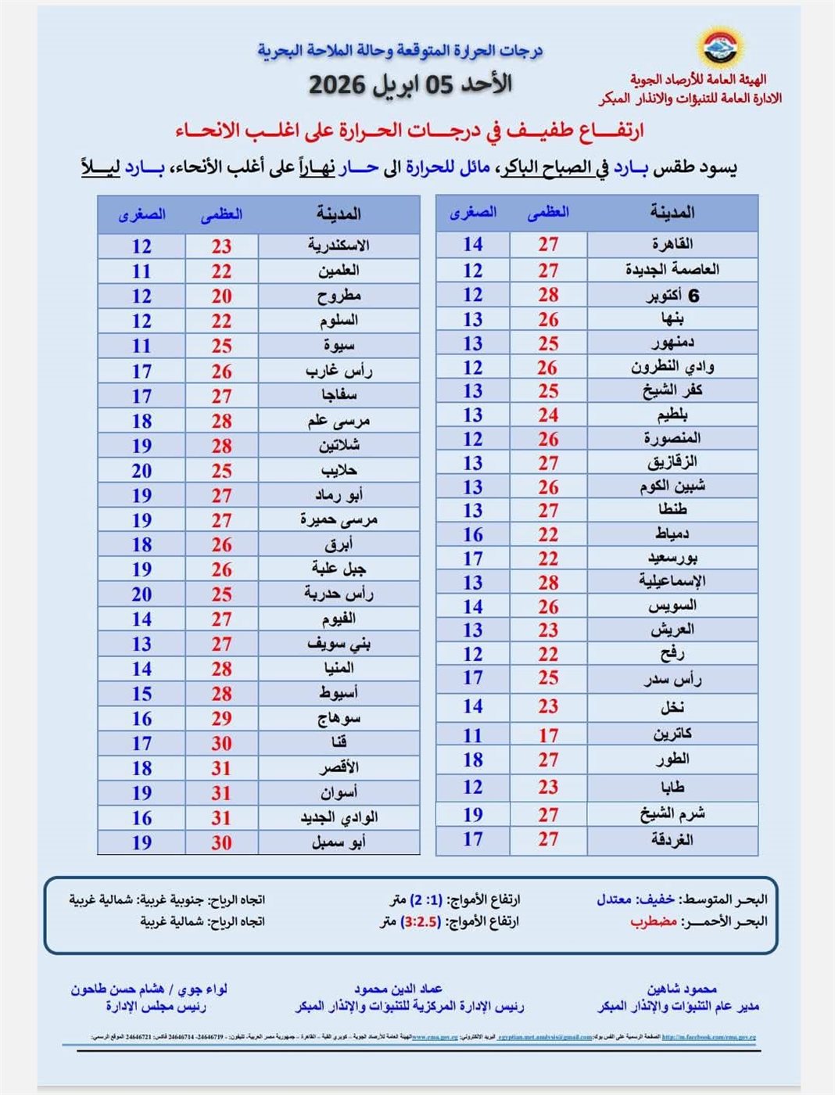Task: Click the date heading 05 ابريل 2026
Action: click(x=410, y=84)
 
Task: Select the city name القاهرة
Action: click(x=672, y=244)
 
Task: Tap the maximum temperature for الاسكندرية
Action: click(x=221, y=246)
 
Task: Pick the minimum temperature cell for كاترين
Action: click(x=472, y=735)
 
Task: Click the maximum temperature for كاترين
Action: click(x=548, y=735)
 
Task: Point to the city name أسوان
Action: click(x=339, y=792)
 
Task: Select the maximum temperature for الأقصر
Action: click(x=221, y=768)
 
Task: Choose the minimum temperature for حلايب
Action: click(x=142, y=471)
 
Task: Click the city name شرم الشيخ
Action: click(x=672, y=814)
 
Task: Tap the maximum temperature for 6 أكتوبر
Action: click(x=548, y=295)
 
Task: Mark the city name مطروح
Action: click(x=339, y=296)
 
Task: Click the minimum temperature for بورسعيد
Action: click(x=472, y=558)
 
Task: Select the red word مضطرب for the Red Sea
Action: click(x=653, y=921)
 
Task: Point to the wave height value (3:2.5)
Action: click(x=421, y=921)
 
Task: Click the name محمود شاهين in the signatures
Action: click(x=682, y=989)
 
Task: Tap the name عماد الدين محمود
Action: click(x=398, y=989)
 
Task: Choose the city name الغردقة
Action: click(x=672, y=840)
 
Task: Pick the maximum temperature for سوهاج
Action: click(x=221, y=718)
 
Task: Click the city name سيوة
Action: click(x=339, y=346)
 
